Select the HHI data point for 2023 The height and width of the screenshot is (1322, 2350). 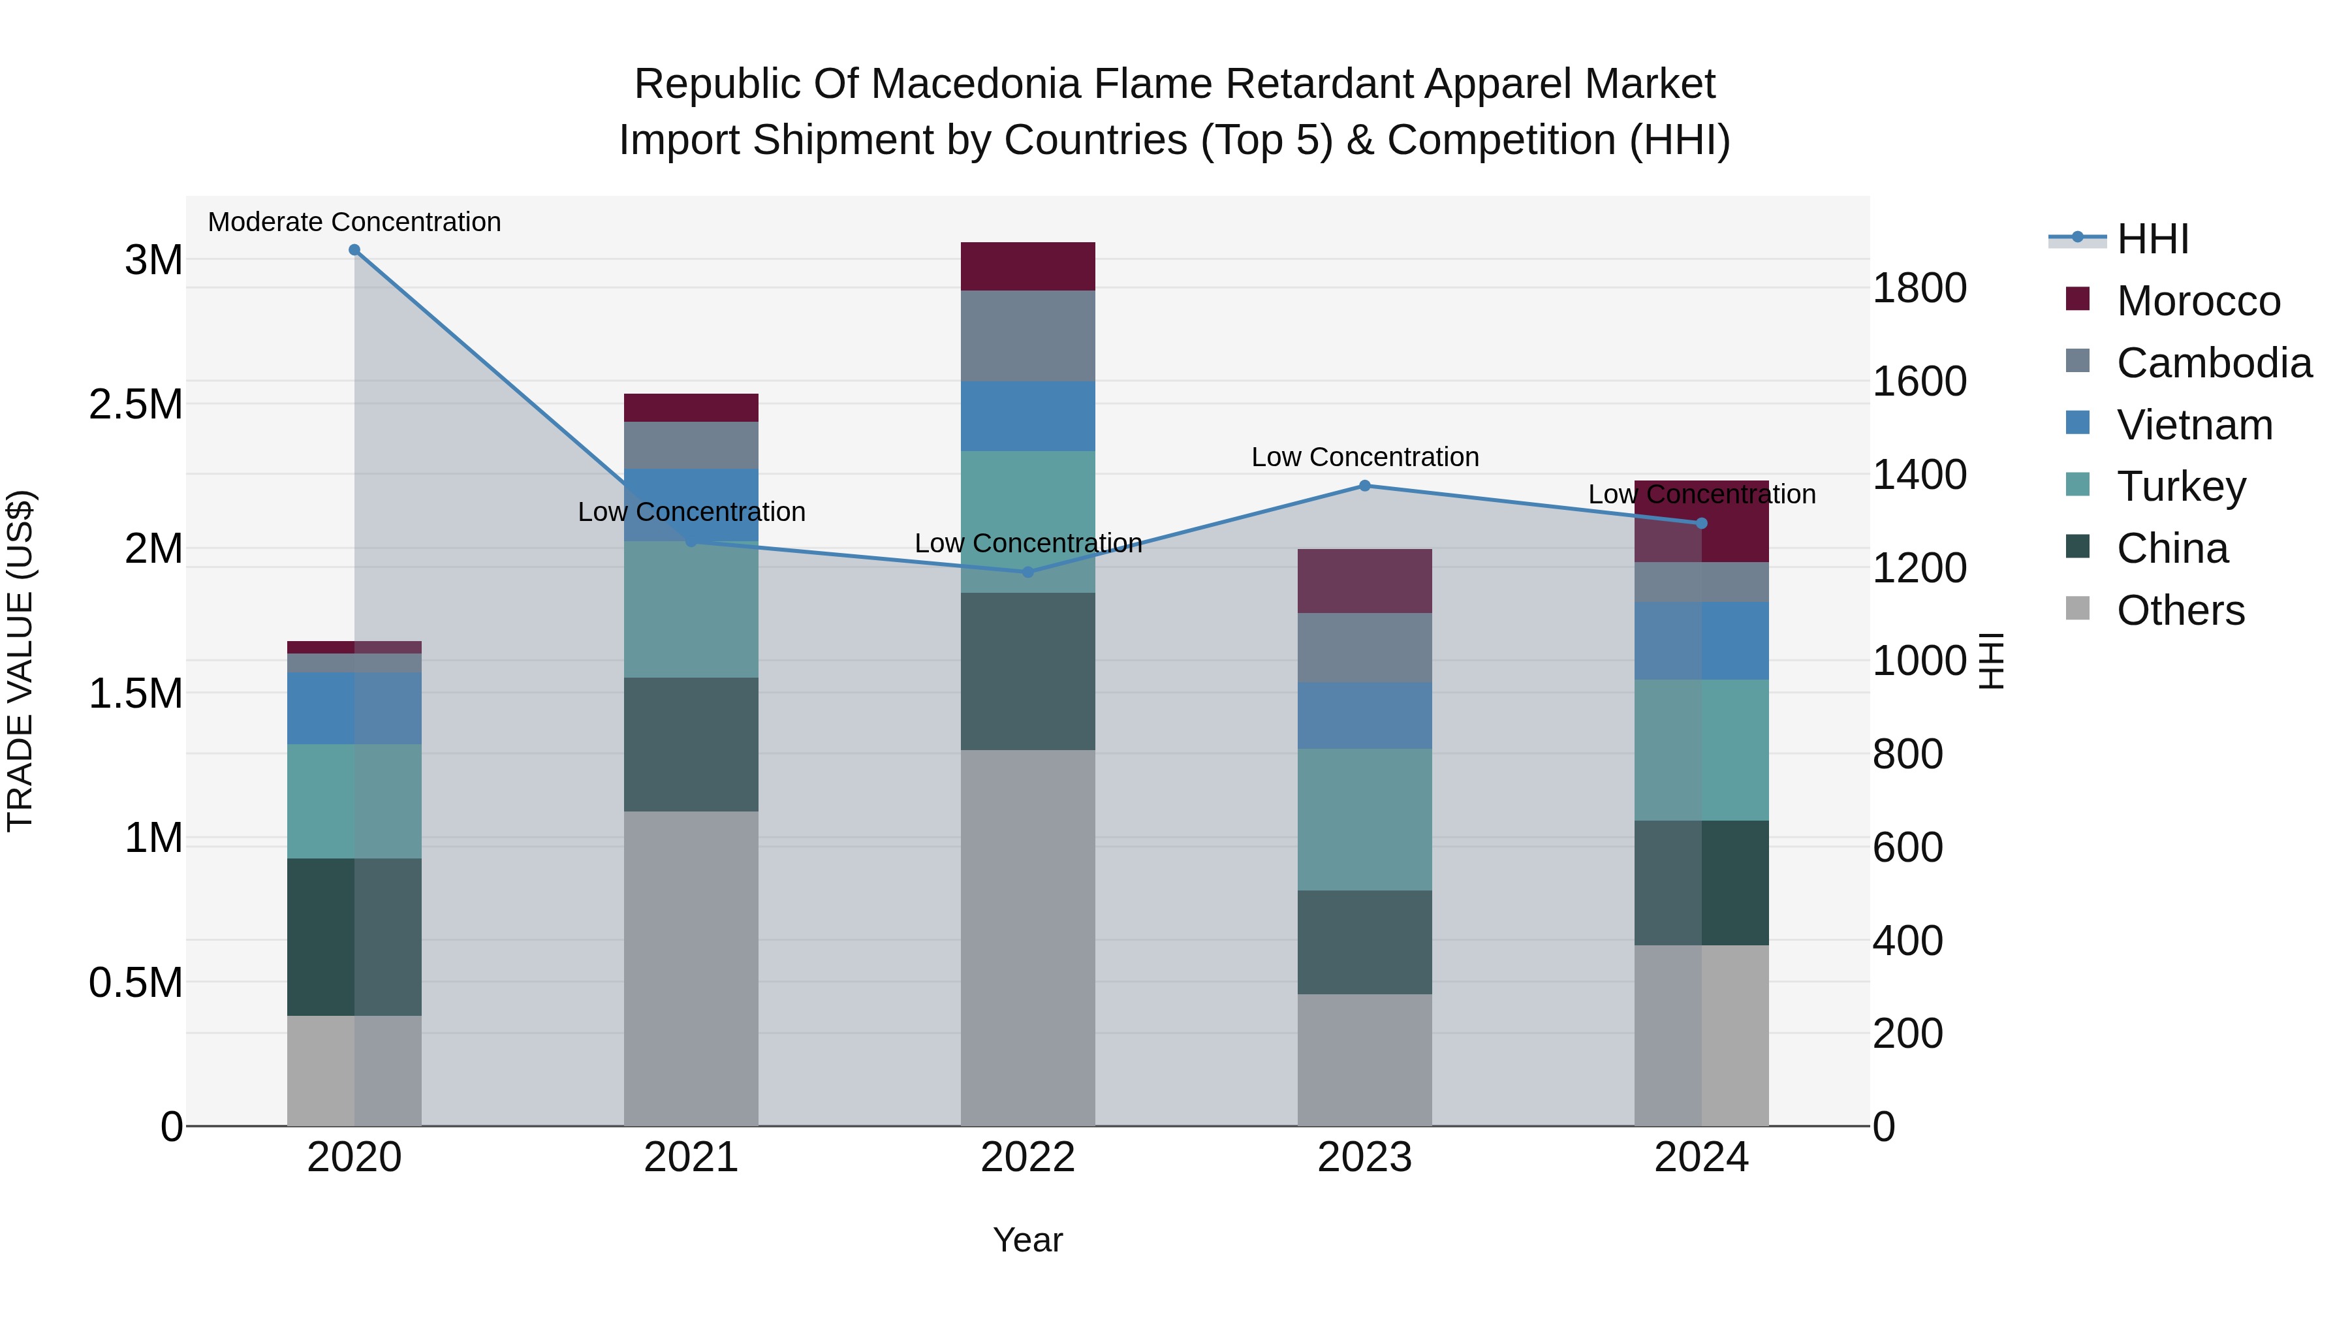click(x=1365, y=486)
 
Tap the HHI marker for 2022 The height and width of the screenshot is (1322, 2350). click(x=1028, y=572)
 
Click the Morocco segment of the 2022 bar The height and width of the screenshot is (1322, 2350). click(x=1028, y=266)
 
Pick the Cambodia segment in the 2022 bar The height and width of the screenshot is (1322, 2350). click(x=1028, y=336)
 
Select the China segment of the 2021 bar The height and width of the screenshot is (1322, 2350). click(x=691, y=744)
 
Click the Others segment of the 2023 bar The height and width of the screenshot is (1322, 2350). click(x=1365, y=1060)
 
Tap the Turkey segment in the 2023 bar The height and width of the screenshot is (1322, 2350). click(x=1365, y=819)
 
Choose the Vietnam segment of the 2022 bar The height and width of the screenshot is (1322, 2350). click(x=1028, y=416)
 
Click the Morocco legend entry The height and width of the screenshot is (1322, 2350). click(x=2199, y=301)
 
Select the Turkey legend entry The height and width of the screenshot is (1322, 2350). click(x=2181, y=486)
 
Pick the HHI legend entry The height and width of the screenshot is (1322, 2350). click(x=2153, y=239)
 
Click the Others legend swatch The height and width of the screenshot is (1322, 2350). click(x=2077, y=608)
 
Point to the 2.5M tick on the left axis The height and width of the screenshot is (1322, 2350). click(x=136, y=404)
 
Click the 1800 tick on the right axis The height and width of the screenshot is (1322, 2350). click(x=1919, y=289)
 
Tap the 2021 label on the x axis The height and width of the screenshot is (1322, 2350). click(x=691, y=1157)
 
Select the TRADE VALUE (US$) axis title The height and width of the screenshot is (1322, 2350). click(x=20, y=661)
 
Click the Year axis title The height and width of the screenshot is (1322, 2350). click(x=1028, y=1240)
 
